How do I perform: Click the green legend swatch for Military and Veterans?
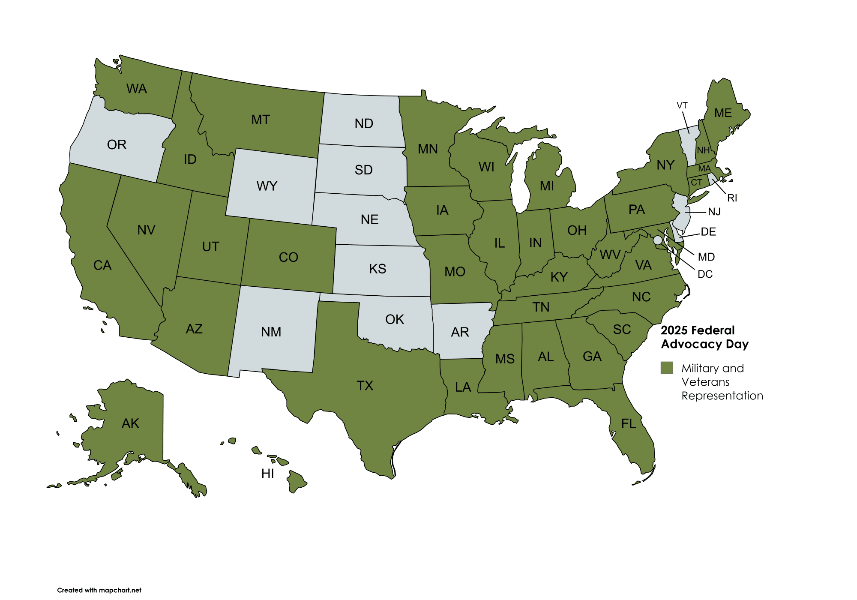coord(667,368)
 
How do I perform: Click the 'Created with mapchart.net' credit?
coord(99,590)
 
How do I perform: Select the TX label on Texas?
coord(365,386)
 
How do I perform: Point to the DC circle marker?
coord(657,240)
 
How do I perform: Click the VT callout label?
coord(682,105)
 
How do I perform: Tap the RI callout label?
coord(732,198)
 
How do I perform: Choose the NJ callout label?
coord(714,212)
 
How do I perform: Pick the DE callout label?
coord(708,232)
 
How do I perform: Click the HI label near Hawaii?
coord(267,474)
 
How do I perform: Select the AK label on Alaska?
coord(130,423)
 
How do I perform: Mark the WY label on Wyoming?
coord(267,186)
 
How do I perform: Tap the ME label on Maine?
coord(723,113)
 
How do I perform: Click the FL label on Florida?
coord(629,424)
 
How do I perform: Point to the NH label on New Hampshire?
coord(703,150)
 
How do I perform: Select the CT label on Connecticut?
coord(696,183)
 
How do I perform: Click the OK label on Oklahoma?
coord(394,319)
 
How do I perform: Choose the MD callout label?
coord(706,257)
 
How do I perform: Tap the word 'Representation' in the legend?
coord(722,396)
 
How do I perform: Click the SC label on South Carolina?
coord(622,330)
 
